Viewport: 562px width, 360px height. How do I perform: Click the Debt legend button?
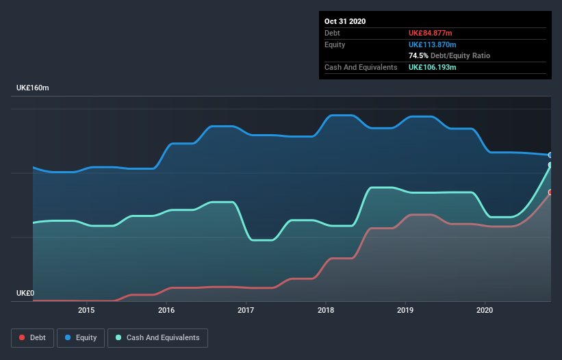tap(31, 337)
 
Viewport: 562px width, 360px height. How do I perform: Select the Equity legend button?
tap(81, 337)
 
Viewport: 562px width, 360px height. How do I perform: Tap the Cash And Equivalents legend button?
tap(157, 337)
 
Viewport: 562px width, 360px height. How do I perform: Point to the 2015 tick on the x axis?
tap(87, 310)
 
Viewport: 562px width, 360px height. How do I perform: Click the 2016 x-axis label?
tap(166, 310)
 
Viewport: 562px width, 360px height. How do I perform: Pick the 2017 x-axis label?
tap(246, 310)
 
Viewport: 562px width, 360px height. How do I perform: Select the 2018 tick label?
tap(326, 310)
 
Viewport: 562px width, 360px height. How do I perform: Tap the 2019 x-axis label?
tap(405, 310)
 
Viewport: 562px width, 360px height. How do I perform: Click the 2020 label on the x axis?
tap(485, 310)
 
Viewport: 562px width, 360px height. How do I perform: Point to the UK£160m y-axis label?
tap(33, 88)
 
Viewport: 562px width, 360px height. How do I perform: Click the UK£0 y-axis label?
tap(25, 293)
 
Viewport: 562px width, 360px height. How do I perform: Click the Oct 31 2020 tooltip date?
tap(345, 21)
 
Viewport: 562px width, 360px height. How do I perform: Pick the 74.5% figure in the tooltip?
tap(418, 55)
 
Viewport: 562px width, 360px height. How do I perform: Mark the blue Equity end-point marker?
tap(550, 155)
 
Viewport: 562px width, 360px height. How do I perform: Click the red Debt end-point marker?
tap(550, 192)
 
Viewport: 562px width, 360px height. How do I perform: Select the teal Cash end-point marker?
tap(550, 165)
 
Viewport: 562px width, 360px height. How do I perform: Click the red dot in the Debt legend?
tap(22, 338)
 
